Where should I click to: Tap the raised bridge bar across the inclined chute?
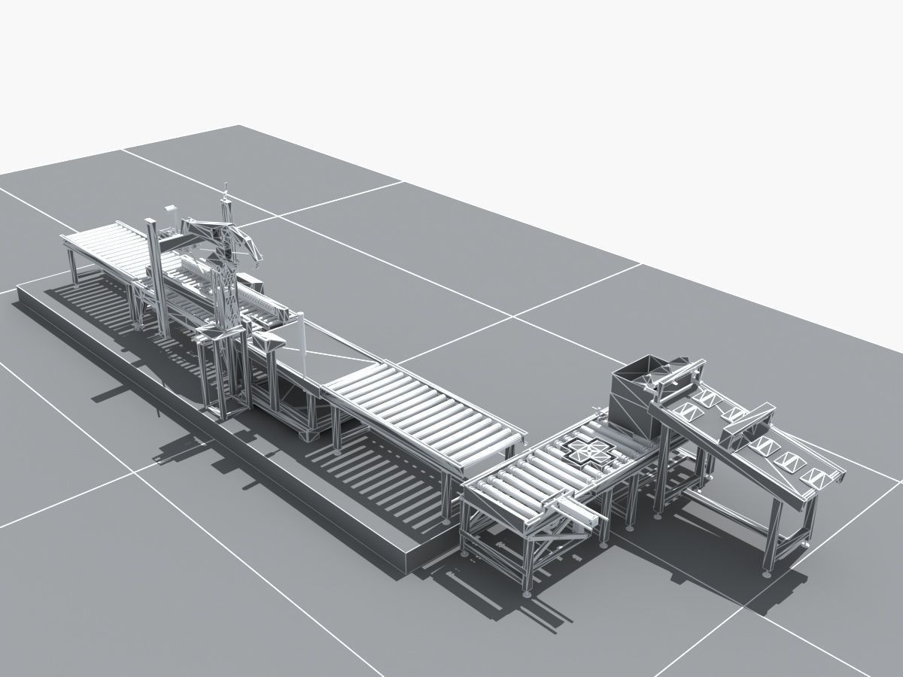(748, 425)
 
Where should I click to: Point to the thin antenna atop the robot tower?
(225, 198)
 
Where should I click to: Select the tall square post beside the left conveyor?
(155, 278)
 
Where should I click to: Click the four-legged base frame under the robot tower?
(223, 376)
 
